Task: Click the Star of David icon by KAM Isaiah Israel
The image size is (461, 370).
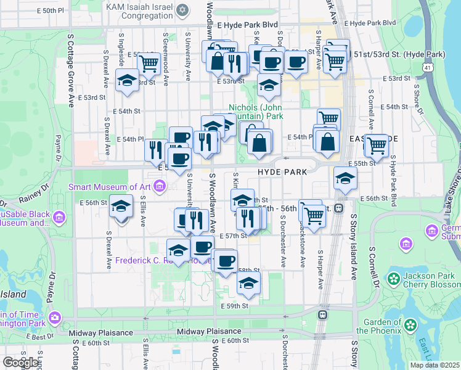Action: (181, 10)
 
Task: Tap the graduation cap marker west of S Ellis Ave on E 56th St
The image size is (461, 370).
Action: (121, 205)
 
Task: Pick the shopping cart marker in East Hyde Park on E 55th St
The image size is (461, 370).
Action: (377, 145)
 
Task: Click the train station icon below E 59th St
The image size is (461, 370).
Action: (322, 314)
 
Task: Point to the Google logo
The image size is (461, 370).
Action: (21, 363)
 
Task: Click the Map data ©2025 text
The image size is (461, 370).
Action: (434, 365)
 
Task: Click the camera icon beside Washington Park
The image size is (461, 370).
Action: (56, 318)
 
